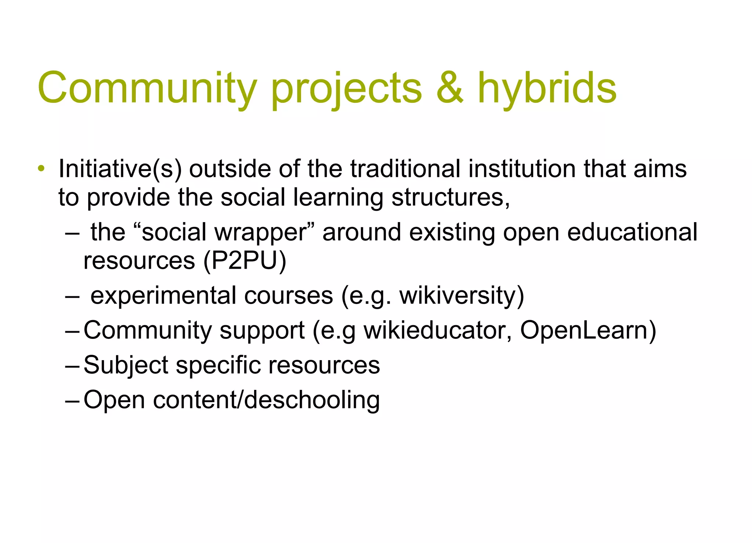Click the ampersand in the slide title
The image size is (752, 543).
[x=450, y=88]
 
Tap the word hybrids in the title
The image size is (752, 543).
[x=547, y=88]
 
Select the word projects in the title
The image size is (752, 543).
[x=346, y=88]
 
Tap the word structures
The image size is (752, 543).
[x=451, y=198]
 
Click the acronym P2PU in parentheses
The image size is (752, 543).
[x=244, y=261]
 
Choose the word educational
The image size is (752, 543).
[x=632, y=232]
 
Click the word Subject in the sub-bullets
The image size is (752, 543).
[x=126, y=366]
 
